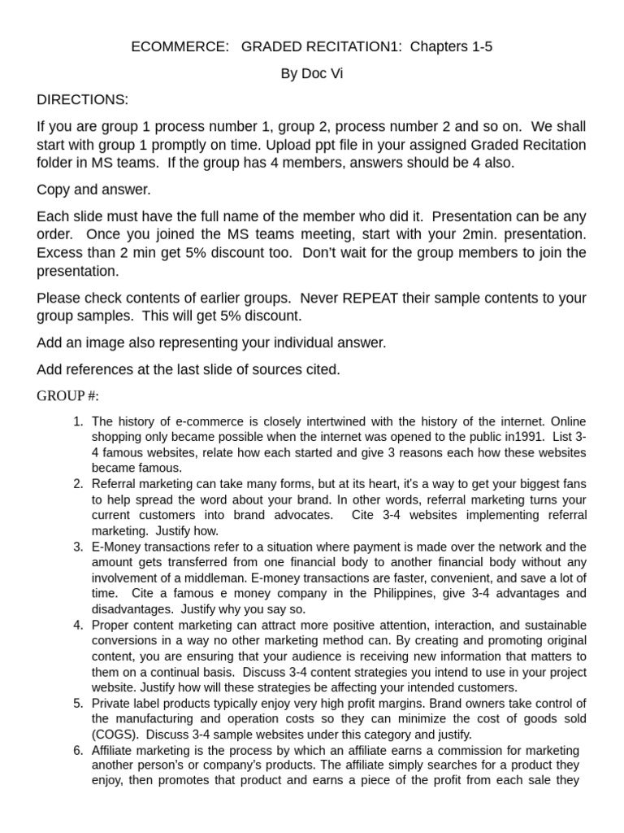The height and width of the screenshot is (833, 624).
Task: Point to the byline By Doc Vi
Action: pyautogui.click(x=311, y=74)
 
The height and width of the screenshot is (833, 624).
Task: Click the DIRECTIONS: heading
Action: pyautogui.click(x=82, y=100)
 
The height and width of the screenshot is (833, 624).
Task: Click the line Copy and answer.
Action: pyautogui.click(x=93, y=190)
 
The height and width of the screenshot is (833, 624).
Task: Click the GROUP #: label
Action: pyautogui.click(x=67, y=396)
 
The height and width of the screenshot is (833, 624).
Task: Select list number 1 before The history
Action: pyautogui.click(x=78, y=421)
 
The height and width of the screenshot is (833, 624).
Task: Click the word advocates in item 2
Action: pyautogui.click(x=302, y=515)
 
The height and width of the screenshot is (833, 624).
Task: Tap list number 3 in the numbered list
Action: pyautogui.click(x=78, y=547)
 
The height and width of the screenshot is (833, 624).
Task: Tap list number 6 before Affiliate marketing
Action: pyautogui.click(x=78, y=750)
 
